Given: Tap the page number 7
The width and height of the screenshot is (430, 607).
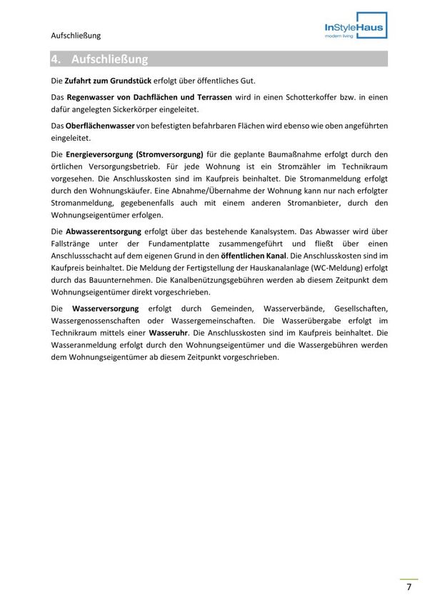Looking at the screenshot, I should point(409,587).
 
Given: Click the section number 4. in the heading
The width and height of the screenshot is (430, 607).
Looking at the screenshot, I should point(58,59).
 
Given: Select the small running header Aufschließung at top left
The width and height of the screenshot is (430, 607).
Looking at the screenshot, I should point(76,35).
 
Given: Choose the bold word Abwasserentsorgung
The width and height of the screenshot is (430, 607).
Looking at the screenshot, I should point(103,231).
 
